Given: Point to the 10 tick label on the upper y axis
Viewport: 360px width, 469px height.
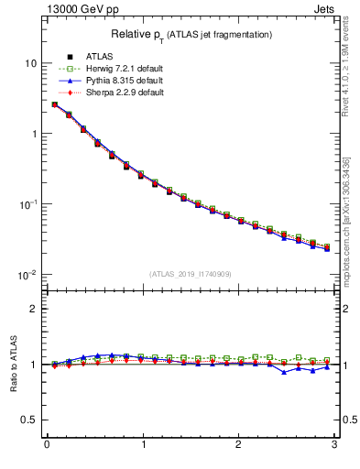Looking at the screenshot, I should point(31,63).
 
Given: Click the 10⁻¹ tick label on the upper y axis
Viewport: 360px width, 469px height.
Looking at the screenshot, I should point(28,203).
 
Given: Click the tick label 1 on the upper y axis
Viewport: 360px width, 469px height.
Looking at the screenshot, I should point(34,134).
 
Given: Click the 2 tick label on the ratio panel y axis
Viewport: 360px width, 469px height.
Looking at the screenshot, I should point(34,309).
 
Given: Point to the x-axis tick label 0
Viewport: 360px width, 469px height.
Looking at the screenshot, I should point(47,446).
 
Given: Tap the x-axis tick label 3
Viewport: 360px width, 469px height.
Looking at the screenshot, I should point(334,446).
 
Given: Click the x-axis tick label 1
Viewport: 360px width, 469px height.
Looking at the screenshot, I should point(143,446).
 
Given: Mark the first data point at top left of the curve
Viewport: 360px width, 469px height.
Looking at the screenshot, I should point(55,104).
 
